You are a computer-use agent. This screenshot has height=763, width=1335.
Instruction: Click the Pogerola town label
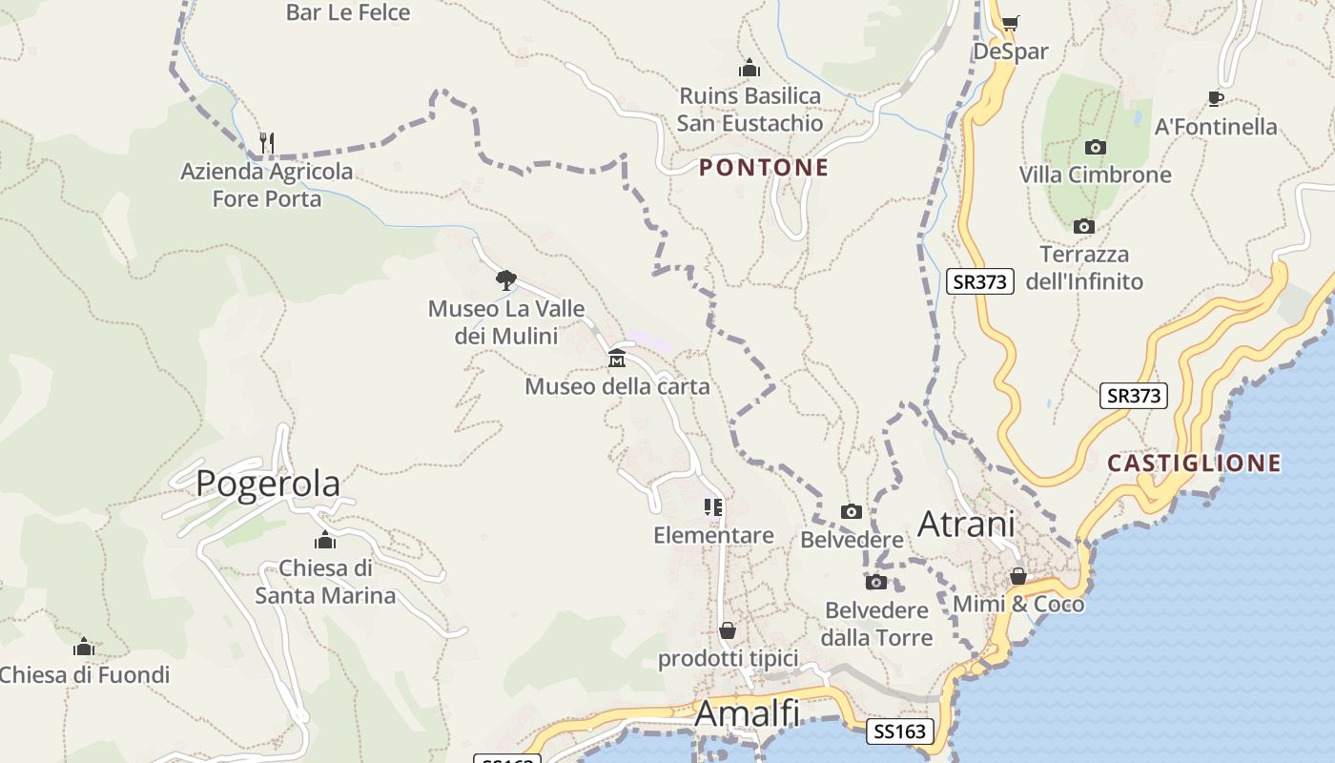tap(268, 484)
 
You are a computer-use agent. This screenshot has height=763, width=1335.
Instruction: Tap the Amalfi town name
tap(747, 713)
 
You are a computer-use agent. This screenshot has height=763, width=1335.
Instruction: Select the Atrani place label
tap(966, 525)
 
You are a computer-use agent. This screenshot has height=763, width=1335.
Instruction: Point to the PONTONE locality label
tap(764, 168)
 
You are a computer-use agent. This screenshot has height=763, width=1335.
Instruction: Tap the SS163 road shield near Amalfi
tap(899, 732)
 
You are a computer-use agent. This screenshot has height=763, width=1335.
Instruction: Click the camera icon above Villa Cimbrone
tap(1096, 147)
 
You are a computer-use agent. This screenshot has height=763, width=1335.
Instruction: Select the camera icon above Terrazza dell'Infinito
tap(1083, 227)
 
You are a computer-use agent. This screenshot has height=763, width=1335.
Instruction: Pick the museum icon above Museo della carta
tap(617, 360)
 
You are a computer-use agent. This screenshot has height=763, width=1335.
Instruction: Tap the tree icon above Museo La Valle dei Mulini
tap(505, 280)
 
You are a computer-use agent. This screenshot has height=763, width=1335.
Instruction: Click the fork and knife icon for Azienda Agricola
tap(267, 143)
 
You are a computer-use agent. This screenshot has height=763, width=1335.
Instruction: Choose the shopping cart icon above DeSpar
tap(1010, 23)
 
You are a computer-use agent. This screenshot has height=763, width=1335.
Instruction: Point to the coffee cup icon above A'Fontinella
tap(1215, 98)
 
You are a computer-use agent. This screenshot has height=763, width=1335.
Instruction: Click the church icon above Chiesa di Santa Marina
tap(325, 541)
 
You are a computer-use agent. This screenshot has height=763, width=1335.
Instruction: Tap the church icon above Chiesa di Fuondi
tap(84, 648)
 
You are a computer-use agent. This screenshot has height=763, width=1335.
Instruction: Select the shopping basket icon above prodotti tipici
tap(728, 630)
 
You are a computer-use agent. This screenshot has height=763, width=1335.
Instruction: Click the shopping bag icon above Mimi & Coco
tap(1018, 576)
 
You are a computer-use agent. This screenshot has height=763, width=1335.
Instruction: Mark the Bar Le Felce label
tap(348, 12)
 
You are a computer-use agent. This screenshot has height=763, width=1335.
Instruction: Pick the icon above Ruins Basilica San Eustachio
tap(750, 69)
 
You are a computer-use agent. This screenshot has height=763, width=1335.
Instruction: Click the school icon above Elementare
tap(713, 507)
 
